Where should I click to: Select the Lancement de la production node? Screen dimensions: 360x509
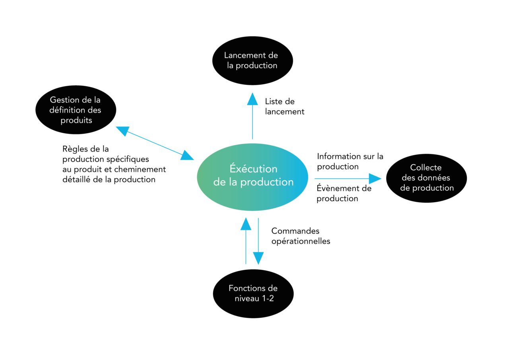click(253, 60)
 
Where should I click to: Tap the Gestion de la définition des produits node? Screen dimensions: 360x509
click(76, 110)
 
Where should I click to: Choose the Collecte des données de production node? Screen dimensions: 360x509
click(426, 178)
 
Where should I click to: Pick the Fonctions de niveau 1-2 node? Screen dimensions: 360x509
click(253, 294)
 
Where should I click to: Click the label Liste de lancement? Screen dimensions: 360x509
click(284, 107)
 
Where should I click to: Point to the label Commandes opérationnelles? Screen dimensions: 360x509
click(300, 236)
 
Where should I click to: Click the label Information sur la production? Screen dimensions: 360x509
click(350, 161)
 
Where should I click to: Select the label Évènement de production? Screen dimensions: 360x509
click(344, 193)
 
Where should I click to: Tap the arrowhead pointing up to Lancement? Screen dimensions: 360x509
click(253, 99)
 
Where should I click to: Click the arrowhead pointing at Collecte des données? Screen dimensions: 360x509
click(375, 179)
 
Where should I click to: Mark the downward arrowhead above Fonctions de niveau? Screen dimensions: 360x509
click(258, 258)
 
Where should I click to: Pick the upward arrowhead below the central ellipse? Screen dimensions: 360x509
click(246, 224)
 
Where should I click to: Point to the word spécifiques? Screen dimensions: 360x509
click(130, 159)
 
